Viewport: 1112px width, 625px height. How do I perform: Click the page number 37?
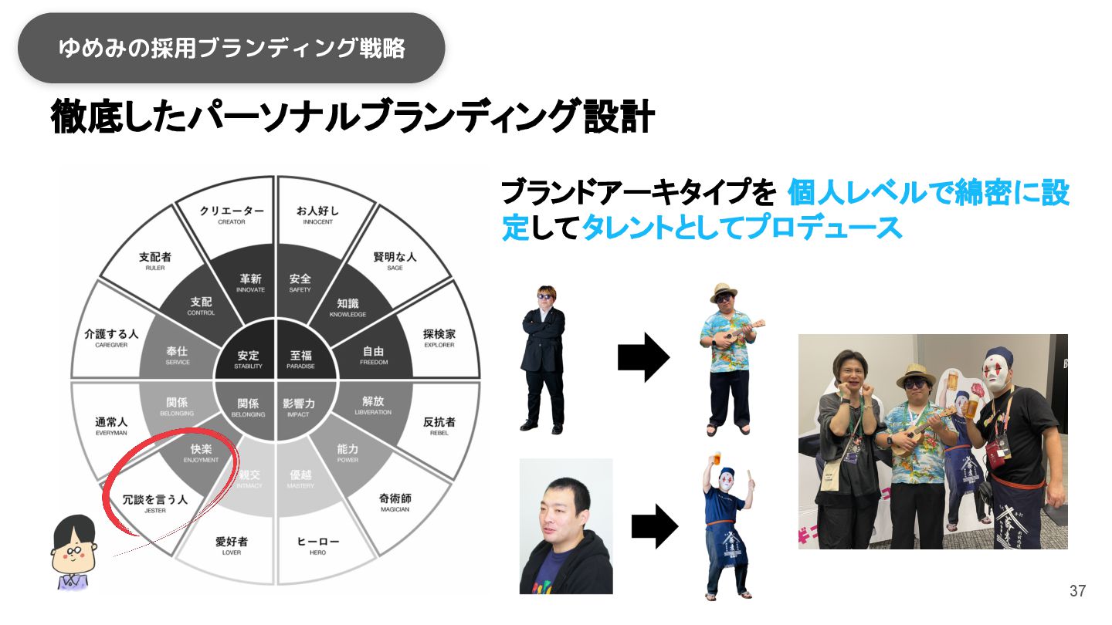pyautogui.click(x=1077, y=592)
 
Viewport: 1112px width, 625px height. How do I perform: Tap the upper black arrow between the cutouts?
pyautogui.click(x=643, y=357)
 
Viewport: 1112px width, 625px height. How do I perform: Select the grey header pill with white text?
pyautogui.click(x=231, y=48)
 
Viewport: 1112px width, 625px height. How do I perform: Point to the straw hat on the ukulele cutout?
pyautogui.click(x=724, y=292)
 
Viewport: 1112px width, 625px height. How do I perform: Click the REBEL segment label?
pyautogui.click(x=439, y=427)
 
